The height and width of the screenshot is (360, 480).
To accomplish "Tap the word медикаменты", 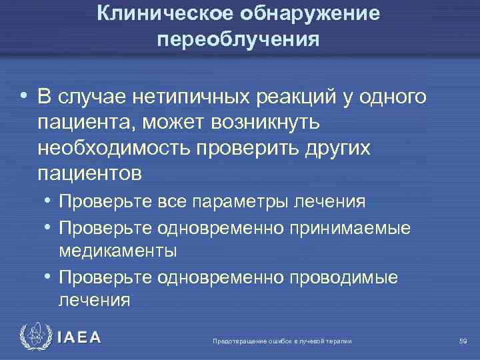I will pyautogui.click(x=118, y=251).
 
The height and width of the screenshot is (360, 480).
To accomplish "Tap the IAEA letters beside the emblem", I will pyautogui.click(x=79, y=338).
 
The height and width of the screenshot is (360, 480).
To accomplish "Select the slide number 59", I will pyautogui.click(x=463, y=341).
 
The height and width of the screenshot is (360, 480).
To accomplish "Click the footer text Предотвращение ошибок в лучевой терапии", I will pyautogui.click(x=282, y=341).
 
